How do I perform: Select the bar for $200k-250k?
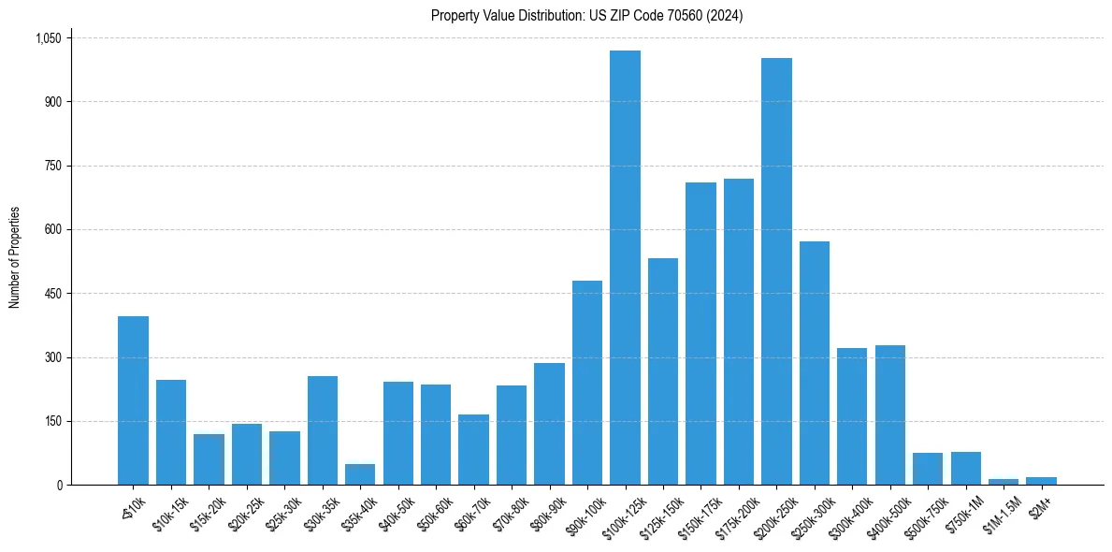(x=776, y=271)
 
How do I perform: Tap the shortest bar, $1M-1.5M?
(x=1004, y=482)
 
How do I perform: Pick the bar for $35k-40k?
(x=360, y=474)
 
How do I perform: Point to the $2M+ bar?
(x=1041, y=481)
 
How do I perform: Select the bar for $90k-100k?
(x=586, y=383)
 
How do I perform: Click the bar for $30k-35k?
(x=322, y=430)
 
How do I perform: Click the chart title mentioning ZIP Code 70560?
(x=586, y=16)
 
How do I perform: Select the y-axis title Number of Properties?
(x=15, y=257)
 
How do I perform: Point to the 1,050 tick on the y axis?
(x=48, y=38)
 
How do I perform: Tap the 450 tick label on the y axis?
(x=52, y=294)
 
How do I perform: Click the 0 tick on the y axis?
(x=59, y=486)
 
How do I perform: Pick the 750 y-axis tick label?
(x=52, y=166)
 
